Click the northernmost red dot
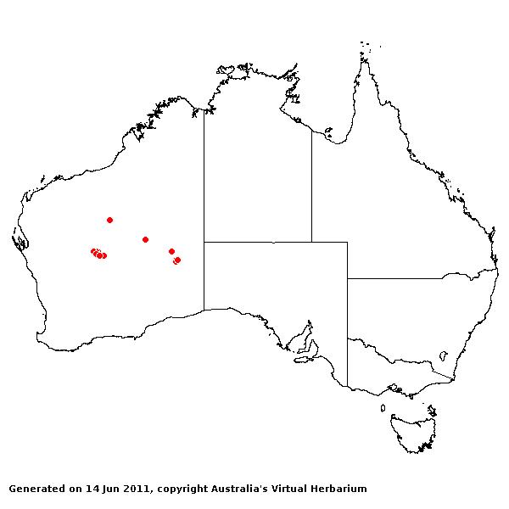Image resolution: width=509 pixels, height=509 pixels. tap(109, 220)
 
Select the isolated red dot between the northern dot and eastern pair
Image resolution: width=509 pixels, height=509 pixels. tap(145, 239)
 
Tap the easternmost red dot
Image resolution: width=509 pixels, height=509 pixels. tap(177, 260)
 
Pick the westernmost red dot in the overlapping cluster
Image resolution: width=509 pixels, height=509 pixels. tap(93, 251)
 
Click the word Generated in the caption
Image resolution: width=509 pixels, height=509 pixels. tap(37, 489)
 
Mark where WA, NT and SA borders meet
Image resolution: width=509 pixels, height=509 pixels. tap(203, 242)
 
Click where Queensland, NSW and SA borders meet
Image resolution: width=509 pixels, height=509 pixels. tap(347, 278)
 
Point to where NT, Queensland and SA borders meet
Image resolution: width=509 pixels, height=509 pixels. tap(311, 242)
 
